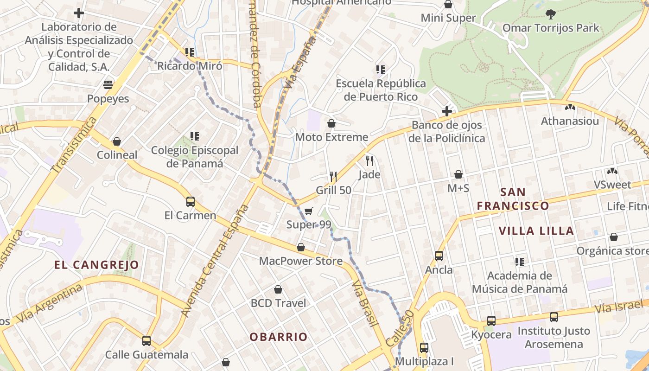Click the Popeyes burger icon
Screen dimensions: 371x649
tap(108, 85)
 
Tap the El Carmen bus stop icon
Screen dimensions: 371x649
tap(190, 202)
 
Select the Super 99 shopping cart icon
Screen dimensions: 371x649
tap(309, 211)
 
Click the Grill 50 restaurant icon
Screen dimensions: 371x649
tap(333, 176)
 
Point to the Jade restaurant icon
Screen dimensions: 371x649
tap(369, 161)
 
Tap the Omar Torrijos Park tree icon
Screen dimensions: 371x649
tap(551, 14)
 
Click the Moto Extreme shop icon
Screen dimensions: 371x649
tap(331, 123)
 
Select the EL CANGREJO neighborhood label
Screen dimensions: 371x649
tap(96, 265)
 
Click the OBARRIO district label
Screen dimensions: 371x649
tap(279, 337)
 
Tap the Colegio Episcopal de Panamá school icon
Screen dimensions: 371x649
tap(195, 136)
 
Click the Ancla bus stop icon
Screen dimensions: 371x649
tap(439, 256)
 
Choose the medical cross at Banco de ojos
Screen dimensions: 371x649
tap(447, 111)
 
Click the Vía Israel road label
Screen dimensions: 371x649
tap(619, 307)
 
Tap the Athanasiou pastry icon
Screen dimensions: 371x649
tap(570, 107)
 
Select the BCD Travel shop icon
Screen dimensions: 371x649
tap(278, 289)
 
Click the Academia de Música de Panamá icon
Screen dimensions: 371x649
tap(520, 262)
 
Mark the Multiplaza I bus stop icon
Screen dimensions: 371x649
tap(424, 347)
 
